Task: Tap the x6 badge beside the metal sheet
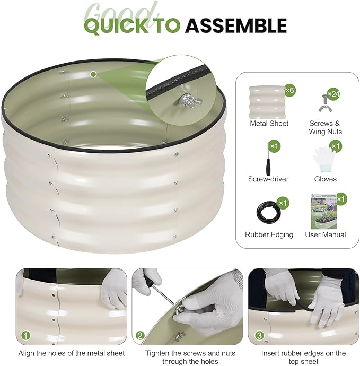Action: pyautogui.click(x=290, y=90)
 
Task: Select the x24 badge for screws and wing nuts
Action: pyautogui.click(x=333, y=94)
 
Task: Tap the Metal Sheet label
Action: pyautogui.click(x=269, y=123)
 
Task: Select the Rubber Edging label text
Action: pyautogui.click(x=269, y=234)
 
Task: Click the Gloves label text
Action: pyautogui.click(x=325, y=179)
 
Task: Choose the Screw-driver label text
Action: pyautogui.click(x=268, y=179)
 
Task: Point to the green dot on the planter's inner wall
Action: pyautogui.click(x=93, y=74)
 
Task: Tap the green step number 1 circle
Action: pyautogui.click(x=25, y=336)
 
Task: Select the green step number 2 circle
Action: pyautogui.click(x=140, y=336)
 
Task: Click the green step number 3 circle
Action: pyautogui.click(x=259, y=336)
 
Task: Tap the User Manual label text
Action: pyautogui.click(x=326, y=234)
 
